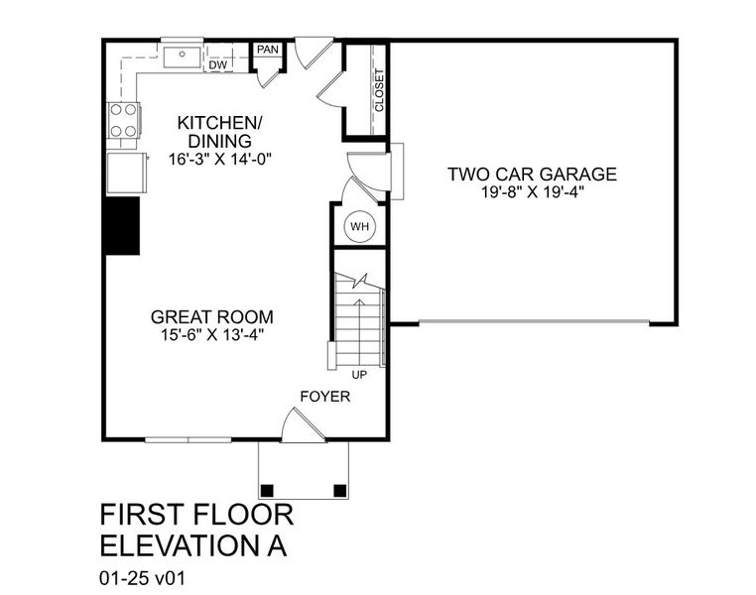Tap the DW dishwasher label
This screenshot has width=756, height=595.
click(217, 65)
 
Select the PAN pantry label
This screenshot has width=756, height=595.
click(267, 49)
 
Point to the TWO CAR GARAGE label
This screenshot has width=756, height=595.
click(532, 176)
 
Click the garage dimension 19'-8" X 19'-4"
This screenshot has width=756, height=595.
click(532, 193)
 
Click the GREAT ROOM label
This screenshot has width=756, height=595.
click(211, 317)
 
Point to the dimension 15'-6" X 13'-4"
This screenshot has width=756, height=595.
click(211, 335)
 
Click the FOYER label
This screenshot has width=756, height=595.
click(325, 397)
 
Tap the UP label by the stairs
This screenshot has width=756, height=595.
click(359, 375)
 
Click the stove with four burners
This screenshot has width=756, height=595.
click(123, 120)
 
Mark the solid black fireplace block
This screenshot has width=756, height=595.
click(122, 225)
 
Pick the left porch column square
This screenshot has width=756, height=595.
click(267, 489)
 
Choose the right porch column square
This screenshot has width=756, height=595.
click(340, 489)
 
